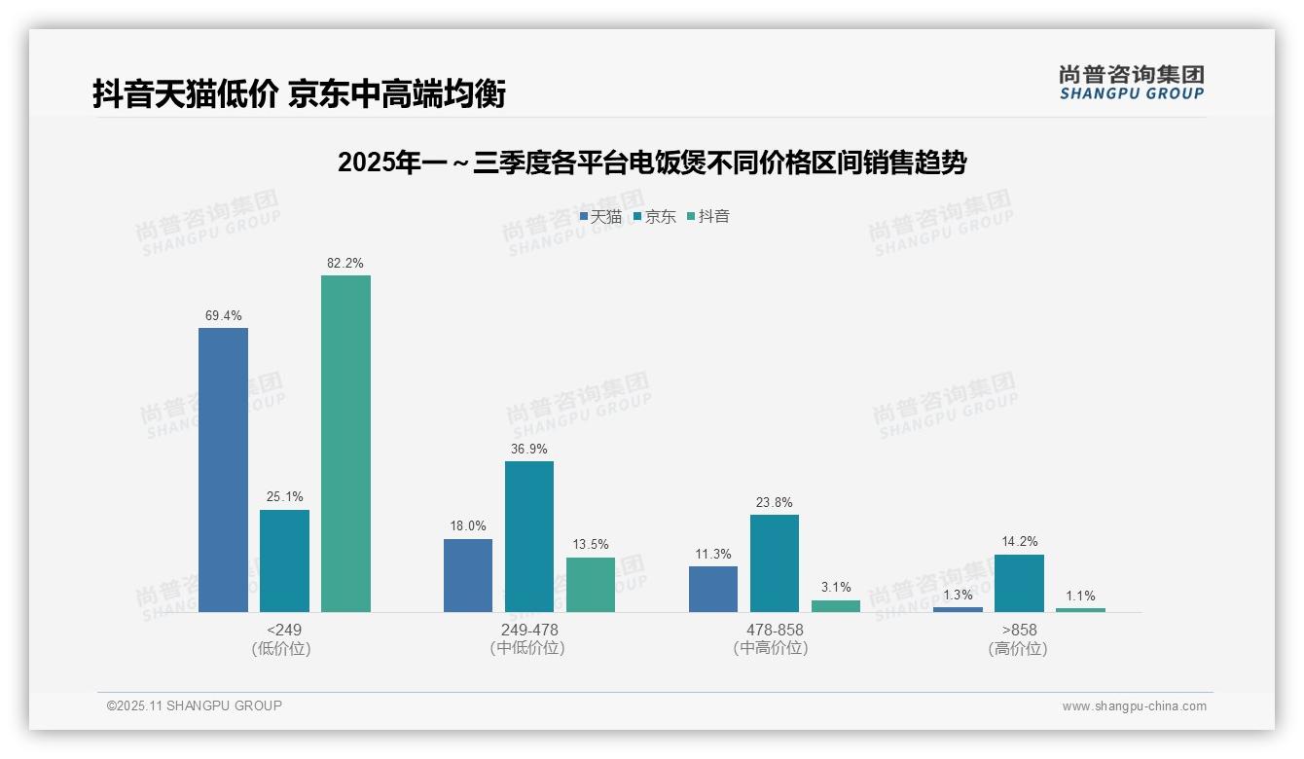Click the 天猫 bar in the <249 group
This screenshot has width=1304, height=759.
point(223,469)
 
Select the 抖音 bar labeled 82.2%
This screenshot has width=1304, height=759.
point(345,443)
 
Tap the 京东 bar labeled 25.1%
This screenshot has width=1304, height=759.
point(284,560)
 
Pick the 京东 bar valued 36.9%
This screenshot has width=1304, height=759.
point(528,536)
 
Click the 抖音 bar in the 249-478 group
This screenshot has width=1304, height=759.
point(591,584)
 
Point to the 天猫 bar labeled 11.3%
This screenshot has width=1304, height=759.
point(713,589)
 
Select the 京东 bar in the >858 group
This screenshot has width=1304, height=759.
point(1019,583)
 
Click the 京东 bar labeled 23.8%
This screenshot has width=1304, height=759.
point(775,562)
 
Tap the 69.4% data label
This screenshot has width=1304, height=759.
point(223,315)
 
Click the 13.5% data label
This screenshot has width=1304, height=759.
point(591,545)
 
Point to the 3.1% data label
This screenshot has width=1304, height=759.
point(836,587)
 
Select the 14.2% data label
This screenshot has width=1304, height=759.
point(1019,542)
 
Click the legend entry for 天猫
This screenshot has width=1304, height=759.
point(600,217)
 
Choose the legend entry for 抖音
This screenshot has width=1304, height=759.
point(708,217)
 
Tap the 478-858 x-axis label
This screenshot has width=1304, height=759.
point(775,630)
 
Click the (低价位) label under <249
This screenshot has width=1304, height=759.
point(281,648)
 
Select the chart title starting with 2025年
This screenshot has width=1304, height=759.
point(651,163)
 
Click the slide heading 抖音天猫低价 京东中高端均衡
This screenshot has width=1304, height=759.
point(299,93)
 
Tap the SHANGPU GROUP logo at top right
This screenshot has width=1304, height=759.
point(1131,83)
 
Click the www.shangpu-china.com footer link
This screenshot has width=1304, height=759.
point(1134,706)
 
